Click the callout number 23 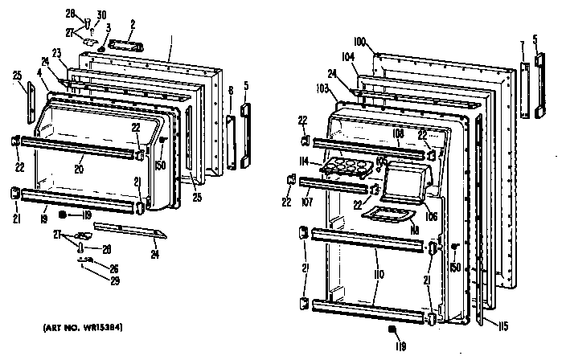click(x=57, y=54)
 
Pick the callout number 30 click(x=100, y=16)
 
